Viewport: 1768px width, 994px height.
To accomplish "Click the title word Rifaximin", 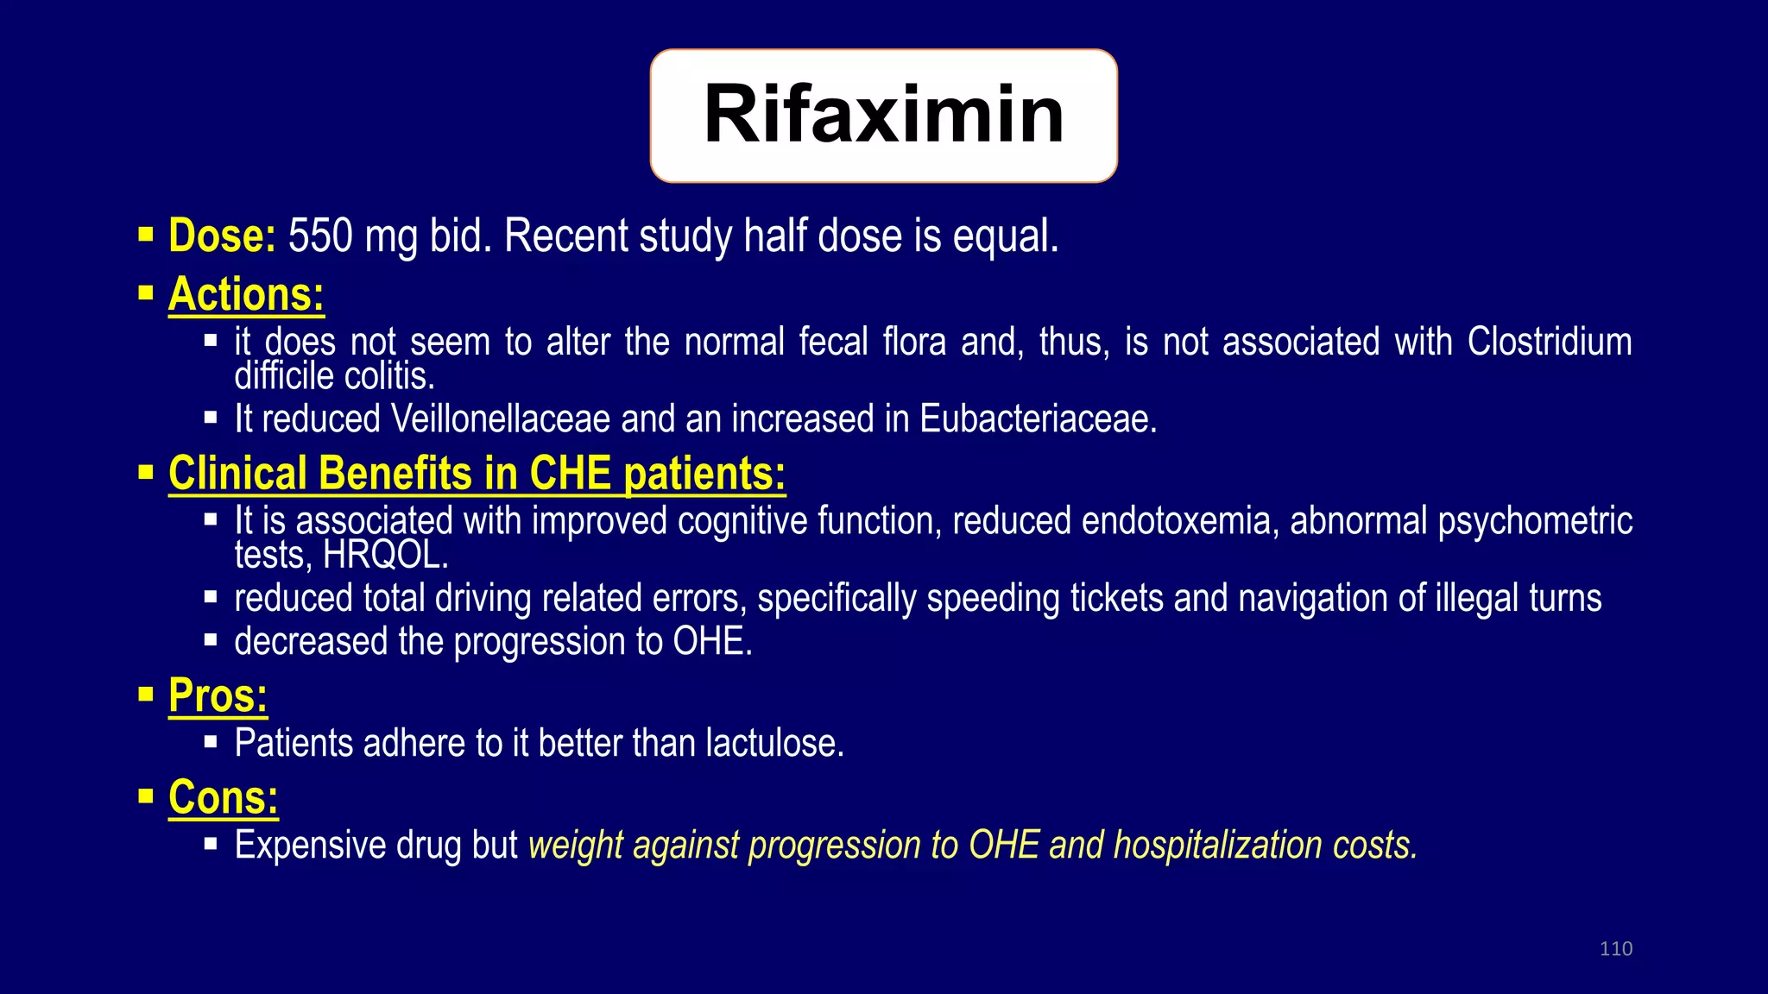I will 884,115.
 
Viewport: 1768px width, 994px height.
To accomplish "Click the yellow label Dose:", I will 222,236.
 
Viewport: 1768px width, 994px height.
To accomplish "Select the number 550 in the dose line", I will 320,236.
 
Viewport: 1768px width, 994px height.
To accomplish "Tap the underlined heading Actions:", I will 246,294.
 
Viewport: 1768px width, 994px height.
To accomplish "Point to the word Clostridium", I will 1550,342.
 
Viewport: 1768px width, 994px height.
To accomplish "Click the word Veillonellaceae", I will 501,419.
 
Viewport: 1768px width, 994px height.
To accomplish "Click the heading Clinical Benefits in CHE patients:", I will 477,474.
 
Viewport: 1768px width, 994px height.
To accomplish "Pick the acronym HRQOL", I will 384,555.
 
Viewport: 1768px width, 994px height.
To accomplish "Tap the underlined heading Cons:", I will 224,797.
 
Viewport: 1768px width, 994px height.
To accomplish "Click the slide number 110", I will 1615,949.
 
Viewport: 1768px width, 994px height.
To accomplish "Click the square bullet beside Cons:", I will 146,796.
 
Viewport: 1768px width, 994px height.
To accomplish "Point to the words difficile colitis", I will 335,376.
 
